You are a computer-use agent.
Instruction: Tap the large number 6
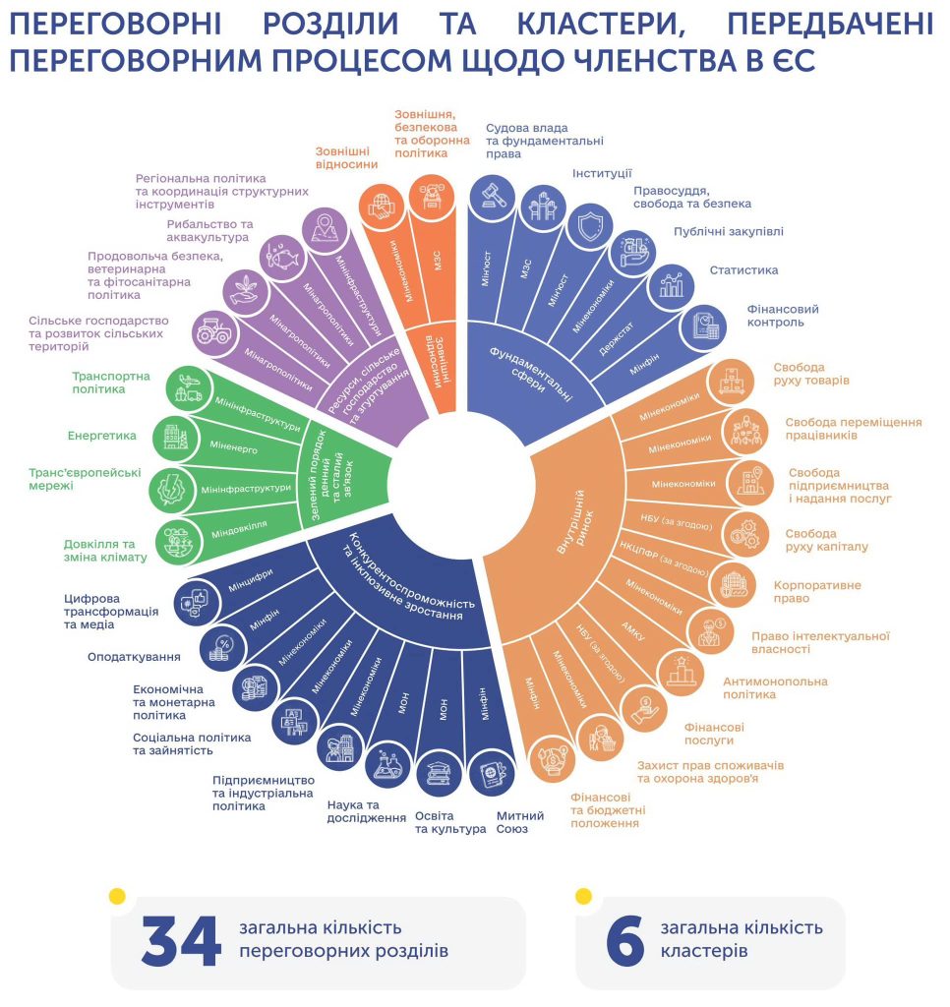(624, 942)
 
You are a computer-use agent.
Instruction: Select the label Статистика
(744, 270)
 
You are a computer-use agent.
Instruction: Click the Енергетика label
(102, 434)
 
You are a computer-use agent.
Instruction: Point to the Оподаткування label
(135, 657)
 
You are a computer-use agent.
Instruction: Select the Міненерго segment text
(234, 445)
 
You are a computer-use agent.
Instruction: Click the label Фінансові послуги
(714, 734)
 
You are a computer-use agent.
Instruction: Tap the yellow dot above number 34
(117, 896)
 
